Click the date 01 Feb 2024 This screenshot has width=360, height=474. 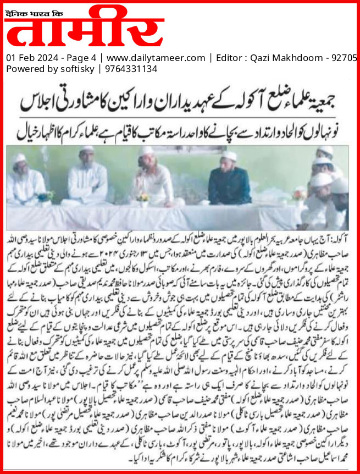(28, 58)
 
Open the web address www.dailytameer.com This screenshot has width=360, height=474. (156, 58)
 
